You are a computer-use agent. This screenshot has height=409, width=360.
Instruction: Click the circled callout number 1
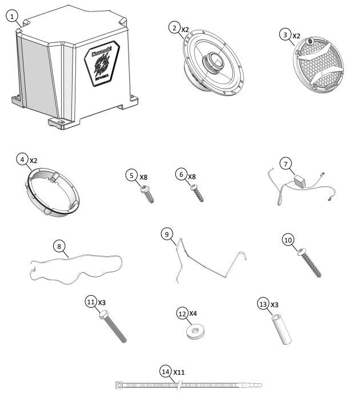point(13,17)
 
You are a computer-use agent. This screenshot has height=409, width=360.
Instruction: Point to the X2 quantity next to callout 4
point(33,161)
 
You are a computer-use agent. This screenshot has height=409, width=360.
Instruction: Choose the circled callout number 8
point(59,247)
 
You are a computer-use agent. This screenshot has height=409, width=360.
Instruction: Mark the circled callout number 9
point(166,235)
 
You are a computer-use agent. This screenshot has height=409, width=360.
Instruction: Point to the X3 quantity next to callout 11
point(102,301)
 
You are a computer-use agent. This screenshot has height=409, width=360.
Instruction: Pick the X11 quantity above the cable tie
point(179,372)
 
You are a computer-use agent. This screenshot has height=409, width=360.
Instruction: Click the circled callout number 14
point(165,372)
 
